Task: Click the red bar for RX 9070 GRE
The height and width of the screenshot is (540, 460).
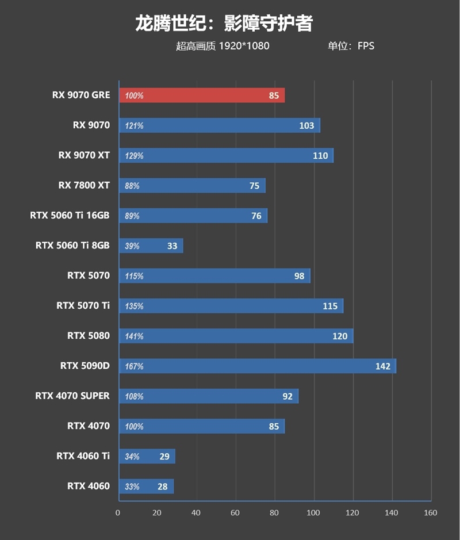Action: coord(201,95)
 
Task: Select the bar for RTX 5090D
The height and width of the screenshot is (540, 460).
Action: coord(257,366)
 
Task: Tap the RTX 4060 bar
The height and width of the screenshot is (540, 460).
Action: coord(146,487)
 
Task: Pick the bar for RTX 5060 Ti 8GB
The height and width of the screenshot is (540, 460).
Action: coord(151,246)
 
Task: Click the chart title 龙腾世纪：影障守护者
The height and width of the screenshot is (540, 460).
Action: coord(224,23)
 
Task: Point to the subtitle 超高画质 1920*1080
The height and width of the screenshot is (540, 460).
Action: coord(223,46)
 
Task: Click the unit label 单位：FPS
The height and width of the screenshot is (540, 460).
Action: coord(351,46)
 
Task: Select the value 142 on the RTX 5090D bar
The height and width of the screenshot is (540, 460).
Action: coord(382,366)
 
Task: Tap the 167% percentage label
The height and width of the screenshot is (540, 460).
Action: coord(134,366)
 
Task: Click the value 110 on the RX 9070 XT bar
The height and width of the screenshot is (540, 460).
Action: coord(320,156)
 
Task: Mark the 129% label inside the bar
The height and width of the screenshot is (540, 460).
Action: coord(134,156)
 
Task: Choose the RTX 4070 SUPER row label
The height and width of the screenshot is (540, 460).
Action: coord(72,396)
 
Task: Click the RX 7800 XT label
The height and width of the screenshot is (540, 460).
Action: coord(84,185)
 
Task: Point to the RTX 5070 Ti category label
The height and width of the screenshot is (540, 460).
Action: coord(83,305)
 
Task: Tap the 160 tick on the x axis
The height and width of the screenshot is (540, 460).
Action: coord(430,512)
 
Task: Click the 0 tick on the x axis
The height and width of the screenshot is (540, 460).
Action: coord(118,512)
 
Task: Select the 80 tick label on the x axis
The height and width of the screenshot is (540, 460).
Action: coord(274,512)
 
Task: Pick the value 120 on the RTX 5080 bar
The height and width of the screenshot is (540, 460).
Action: coord(340,336)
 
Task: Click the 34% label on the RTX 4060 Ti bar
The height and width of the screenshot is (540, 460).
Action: coord(132,457)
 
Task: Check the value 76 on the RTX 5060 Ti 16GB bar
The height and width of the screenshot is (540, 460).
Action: coord(256,216)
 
